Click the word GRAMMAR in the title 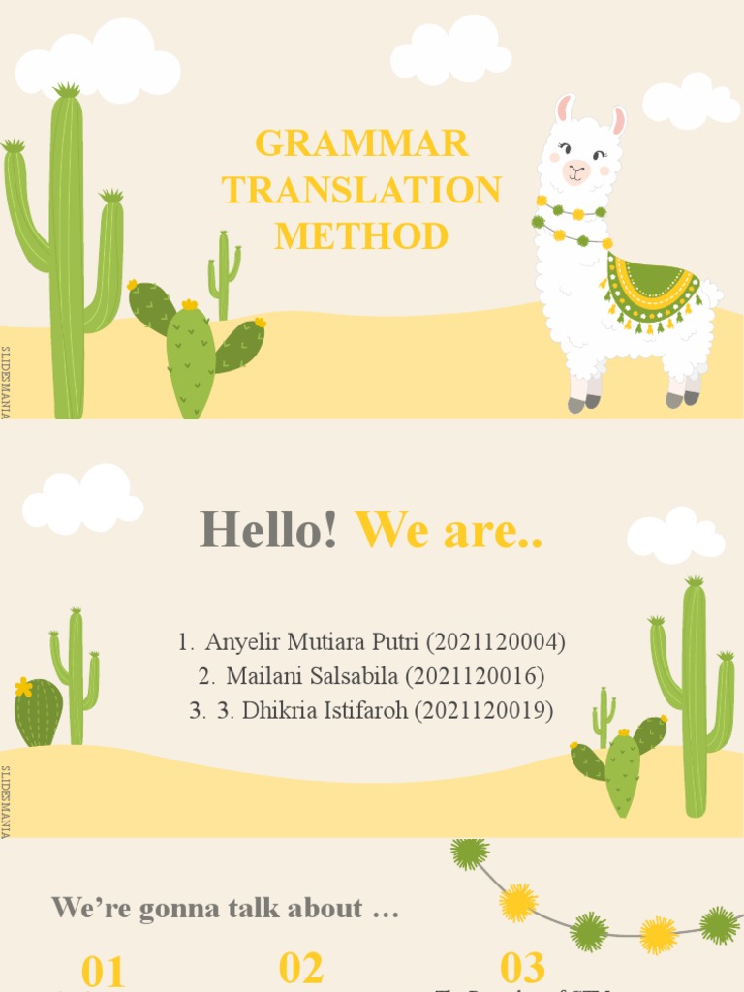[x=361, y=143]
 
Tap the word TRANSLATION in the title [x=361, y=190]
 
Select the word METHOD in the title [x=361, y=235]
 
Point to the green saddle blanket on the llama [x=651, y=288]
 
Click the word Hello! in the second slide [x=269, y=530]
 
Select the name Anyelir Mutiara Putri [x=312, y=641]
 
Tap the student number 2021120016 [x=480, y=675]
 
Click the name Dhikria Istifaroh [x=325, y=710]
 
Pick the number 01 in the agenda [x=104, y=972]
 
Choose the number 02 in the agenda [x=301, y=968]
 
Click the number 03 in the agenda [x=522, y=968]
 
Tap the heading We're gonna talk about [x=225, y=909]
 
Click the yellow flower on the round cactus [x=23, y=688]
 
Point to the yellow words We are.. [x=449, y=530]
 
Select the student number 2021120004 [x=494, y=641]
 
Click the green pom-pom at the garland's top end [x=470, y=852]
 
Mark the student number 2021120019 [x=484, y=710]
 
